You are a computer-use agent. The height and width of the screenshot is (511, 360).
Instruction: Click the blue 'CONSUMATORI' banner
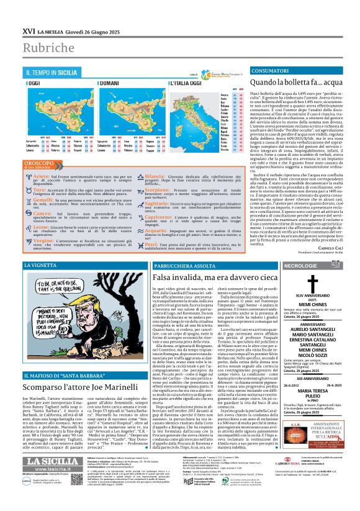tap(272, 72)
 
